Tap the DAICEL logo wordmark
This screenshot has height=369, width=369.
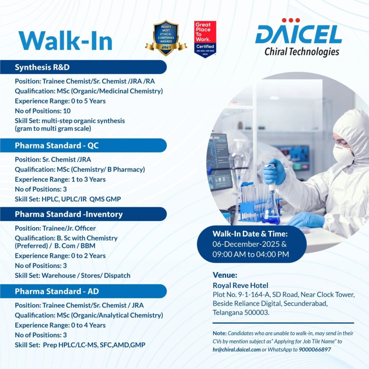298,35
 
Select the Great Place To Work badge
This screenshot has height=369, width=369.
205,39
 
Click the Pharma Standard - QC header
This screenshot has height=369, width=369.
56,146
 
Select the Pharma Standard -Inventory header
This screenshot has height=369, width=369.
68,214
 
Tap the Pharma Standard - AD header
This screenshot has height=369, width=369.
57,291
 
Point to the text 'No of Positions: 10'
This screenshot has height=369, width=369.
43,111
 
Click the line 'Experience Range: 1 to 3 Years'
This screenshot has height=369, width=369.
60,179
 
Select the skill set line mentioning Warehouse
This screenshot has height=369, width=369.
72,275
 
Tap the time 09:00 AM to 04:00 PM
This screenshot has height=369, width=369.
251,254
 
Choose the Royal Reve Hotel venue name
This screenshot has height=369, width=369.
240,286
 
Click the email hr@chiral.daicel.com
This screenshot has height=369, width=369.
236,349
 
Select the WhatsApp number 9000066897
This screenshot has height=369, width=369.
315,349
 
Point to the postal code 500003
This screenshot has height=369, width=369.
256,312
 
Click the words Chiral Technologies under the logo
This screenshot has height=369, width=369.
302,52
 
